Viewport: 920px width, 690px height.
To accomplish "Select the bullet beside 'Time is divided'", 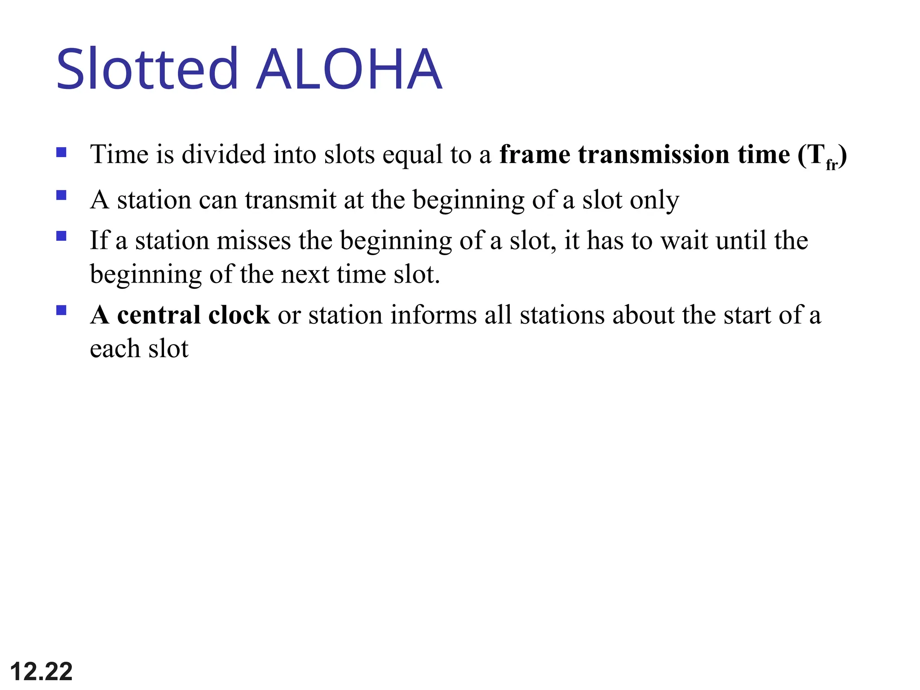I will click(x=62, y=153).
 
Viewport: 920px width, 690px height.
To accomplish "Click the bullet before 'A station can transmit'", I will click(x=62, y=195).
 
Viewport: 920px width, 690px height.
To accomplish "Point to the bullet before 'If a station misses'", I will click(x=62, y=236).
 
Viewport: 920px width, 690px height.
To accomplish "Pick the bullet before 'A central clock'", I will click(x=62, y=310).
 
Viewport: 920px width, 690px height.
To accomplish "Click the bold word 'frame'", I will click(x=535, y=155).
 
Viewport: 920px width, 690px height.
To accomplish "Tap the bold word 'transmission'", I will click(x=654, y=155).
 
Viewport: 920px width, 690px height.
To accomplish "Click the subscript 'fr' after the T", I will click(x=831, y=165).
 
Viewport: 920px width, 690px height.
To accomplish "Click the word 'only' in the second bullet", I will click(x=654, y=200).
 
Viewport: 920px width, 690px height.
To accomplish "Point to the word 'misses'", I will click(x=254, y=241).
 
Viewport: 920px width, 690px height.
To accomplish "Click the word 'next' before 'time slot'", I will click(x=305, y=274).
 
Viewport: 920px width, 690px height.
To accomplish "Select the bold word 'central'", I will click(x=159, y=315).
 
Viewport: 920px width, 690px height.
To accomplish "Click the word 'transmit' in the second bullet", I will click(x=291, y=200).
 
